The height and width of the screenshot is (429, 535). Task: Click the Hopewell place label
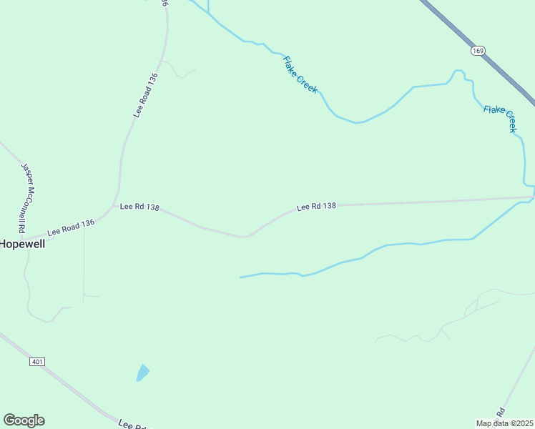pos(22,244)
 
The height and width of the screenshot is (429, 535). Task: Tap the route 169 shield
pos(478,50)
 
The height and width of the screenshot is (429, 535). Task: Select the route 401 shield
pos(37,362)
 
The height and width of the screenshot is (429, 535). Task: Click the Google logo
pos(24,420)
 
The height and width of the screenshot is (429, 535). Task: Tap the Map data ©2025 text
pos(505,423)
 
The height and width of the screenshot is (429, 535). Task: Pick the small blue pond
pos(142,373)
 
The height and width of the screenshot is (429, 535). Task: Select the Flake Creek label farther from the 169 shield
pos(300,74)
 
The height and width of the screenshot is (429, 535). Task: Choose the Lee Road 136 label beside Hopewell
pos(71,227)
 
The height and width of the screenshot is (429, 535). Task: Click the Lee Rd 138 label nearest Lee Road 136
pos(139,207)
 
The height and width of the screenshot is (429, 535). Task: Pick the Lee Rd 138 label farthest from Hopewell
pos(316,206)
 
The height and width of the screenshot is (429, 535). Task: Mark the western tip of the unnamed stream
pos(240,277)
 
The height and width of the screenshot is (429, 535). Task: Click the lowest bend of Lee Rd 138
pos(246,236)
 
